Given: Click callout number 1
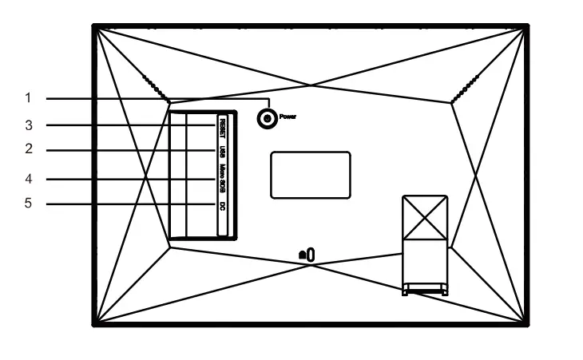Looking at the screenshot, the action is point(28,98).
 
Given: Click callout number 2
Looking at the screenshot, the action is point(28,149).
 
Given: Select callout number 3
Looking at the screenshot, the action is point(28,125).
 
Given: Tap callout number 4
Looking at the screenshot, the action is point(28,178).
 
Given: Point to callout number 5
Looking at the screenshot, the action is point(28,204).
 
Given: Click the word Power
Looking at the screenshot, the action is point(288,117).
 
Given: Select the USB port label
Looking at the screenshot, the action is point(222,151).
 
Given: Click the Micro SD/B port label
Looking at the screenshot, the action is point(222,179).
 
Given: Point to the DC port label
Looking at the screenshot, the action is point(222,205).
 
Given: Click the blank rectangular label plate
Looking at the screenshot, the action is point(310,175).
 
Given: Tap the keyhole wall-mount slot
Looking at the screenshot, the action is point(307,254).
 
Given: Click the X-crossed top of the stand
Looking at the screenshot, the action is point(425,216).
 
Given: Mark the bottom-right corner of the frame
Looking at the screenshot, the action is point(526,322).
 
